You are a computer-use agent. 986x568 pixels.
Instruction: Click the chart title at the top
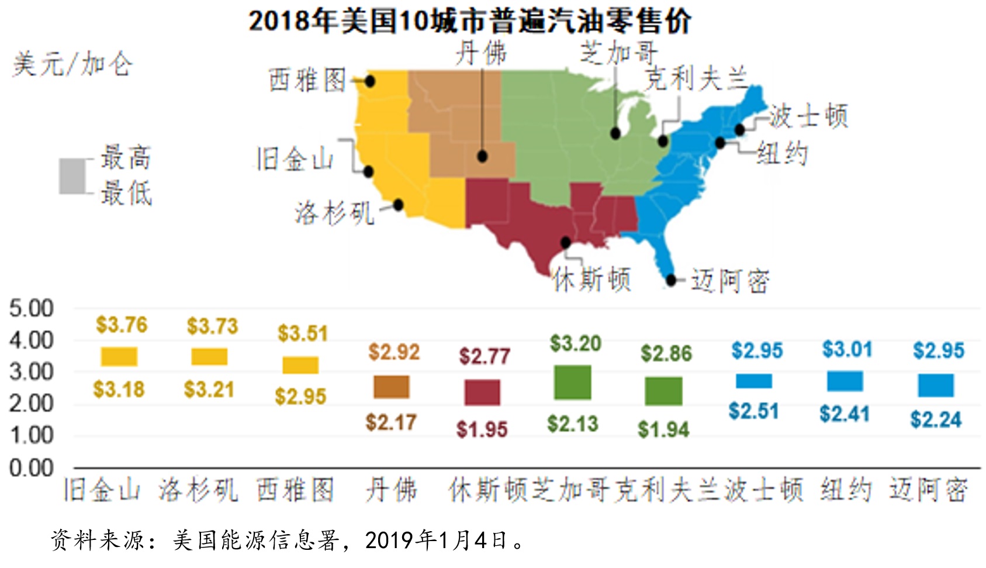(x=469, y=21)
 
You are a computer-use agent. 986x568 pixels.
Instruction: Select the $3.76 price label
(x=122, y=325)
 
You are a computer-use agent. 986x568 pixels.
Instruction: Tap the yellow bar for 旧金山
(x=119, y=357)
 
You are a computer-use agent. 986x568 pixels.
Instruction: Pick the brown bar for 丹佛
(x=392, y=387)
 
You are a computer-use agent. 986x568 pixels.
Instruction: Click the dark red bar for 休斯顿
(x=482, y=393)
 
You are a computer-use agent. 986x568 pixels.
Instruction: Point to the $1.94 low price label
(x=663, y=429)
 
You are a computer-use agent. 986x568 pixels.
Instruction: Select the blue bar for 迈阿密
(x=936, y=385)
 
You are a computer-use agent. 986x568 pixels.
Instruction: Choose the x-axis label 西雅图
(x=295, y=490)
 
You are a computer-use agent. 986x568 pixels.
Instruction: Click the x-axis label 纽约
(x=846, y=490)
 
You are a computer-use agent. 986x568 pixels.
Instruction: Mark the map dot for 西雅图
(x=370, y=82)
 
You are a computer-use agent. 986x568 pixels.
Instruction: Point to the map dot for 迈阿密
(x=671, y=280)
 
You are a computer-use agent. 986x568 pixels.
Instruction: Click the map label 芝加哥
(x=618, y=53)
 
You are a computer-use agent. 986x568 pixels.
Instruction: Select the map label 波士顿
(x=808, y=116)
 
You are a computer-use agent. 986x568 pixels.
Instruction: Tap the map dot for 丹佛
(x=482, y=156)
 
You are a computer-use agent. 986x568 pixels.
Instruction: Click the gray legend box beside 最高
(x=72, y=176)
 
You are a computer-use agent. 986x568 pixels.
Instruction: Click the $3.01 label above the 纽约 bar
(x=847, y=349)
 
